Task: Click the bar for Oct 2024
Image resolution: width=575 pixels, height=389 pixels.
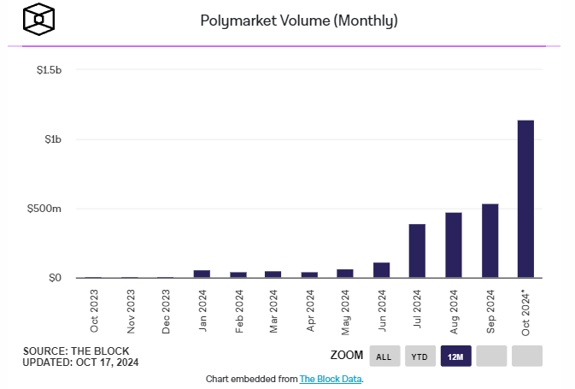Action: [525, 198]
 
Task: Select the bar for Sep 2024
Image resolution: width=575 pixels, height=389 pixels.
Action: [490, 240]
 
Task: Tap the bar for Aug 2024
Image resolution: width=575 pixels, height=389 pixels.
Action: [454, 245]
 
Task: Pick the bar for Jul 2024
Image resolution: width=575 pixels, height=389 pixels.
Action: [417, 250]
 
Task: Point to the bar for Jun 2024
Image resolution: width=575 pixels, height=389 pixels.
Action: [381, 269]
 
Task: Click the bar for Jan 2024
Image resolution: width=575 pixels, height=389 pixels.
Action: [202, 274]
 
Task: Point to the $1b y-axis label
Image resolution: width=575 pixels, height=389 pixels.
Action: [53, 139]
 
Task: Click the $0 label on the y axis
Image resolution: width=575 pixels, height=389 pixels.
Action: [55, 278]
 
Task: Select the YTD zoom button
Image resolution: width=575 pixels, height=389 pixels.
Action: [420, 357]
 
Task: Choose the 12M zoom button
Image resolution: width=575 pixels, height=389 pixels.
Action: [455, 357]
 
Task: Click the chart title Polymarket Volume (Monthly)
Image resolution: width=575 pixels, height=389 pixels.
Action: [286, 20]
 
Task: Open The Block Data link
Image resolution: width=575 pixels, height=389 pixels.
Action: [331, 379]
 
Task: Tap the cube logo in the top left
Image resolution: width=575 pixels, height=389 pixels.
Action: [39, 20]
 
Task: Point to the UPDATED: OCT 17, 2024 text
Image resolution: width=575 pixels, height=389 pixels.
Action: [80, 362]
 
